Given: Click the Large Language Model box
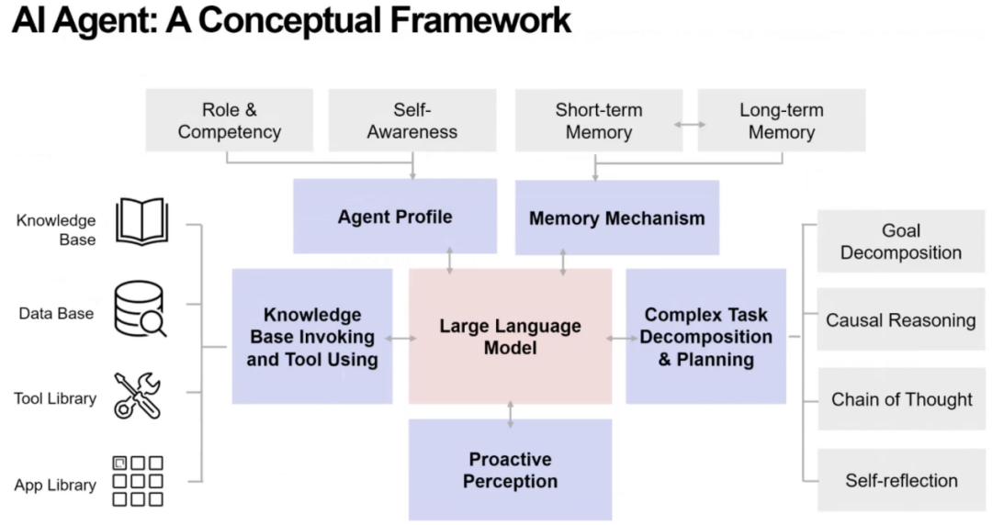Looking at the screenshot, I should (x=510, y=337).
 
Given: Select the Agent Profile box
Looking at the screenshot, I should (x=395, y=217).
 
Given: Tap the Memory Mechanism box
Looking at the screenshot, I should (x=616, y=218).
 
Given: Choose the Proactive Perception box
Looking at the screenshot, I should (x=510, y=469).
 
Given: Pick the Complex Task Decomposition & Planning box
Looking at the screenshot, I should (x=705, y=337).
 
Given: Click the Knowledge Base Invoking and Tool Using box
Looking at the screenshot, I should (x=311, y=337).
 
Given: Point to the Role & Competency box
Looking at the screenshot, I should (x=229, y=120).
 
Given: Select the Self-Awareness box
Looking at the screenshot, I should (x=411, y=120).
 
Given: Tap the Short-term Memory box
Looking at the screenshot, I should (x=598, y=120).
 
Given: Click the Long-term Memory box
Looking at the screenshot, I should (x=781, y=120).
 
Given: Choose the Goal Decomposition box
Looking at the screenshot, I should (x=900, y=241).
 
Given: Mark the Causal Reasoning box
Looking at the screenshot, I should (x=900, y=320).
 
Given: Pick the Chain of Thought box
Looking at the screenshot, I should (x=900, y=399).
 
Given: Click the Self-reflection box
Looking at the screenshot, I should (x=900, y=480).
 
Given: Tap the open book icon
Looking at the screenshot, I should (x=141, y=221).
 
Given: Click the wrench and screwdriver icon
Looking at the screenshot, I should (x=138, y=396).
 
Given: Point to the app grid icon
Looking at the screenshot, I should (x=138, y=481).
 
